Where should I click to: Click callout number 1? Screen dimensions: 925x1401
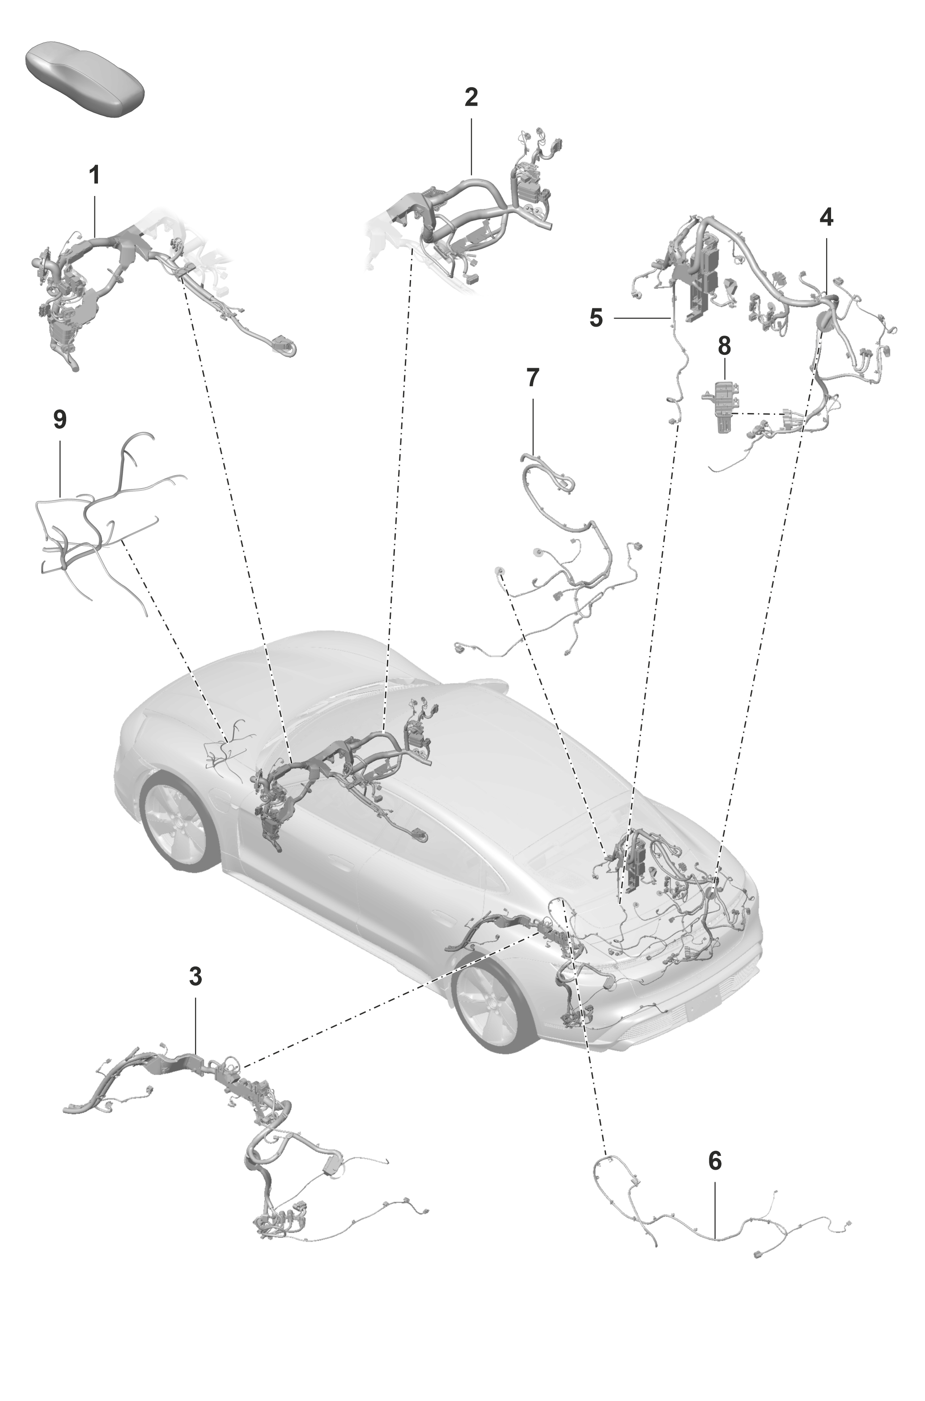pyautogui.click(x=94, y=175)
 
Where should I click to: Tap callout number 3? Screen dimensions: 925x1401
pyautogui.click(x=196, y=977)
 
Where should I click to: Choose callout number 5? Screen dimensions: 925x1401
pyautogui.click(x=596, y=318)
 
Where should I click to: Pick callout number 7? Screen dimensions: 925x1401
pyautogui.click(x=532, y=378)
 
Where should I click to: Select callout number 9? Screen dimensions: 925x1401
pyautogui.click(x=59, y=420)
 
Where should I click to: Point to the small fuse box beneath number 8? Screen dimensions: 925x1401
pyautogui.click(x=721, y=406)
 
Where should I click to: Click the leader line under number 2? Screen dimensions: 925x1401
pyautogui.click(x=471, y=145)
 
